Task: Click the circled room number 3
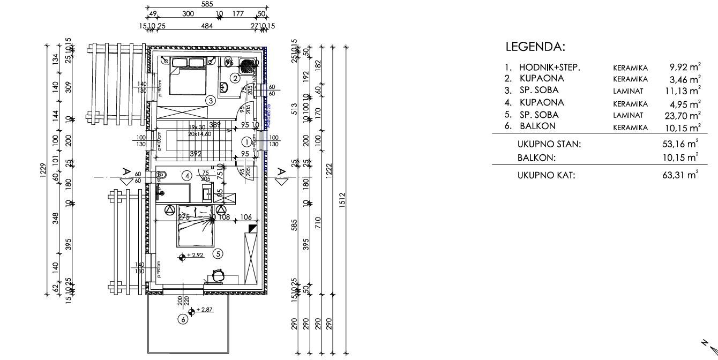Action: [212, 100]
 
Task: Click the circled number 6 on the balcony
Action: [183, 319]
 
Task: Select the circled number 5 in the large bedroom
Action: [218, 253]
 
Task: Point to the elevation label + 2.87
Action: [205, 310]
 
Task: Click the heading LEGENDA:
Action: [535, 47]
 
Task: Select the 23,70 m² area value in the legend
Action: [684, 115]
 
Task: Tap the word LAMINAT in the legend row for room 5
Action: [631, 115]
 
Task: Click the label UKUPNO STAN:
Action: [549, 144]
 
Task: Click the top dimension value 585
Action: [207, 4]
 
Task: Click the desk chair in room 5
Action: [218, 275]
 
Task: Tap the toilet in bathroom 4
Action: [162, 175]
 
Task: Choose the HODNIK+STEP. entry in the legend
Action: [550, 67]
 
